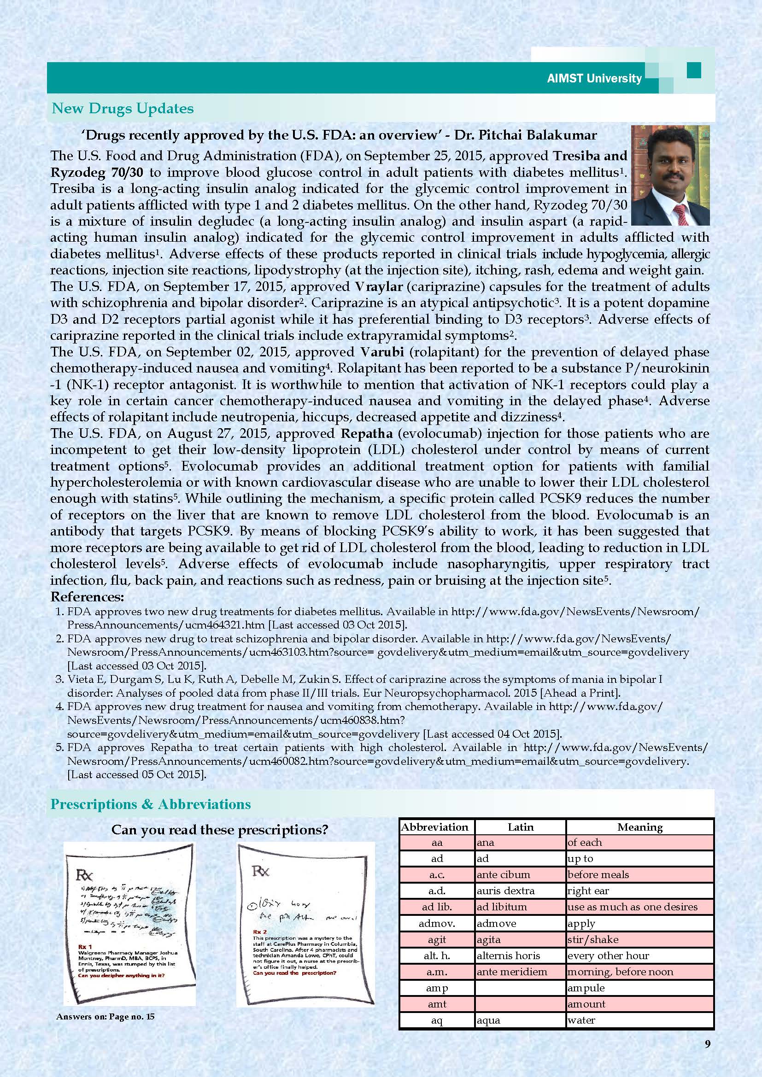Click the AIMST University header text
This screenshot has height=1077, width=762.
pos(594,78)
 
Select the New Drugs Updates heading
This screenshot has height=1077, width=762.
pos(123,108)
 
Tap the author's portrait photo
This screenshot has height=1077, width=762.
pos(670,175)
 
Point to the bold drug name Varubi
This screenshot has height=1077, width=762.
pos(379,352)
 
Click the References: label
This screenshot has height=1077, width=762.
pos(87,597)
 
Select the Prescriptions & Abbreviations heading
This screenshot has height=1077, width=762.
pos(151,804)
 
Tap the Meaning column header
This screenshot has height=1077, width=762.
pos(640,827)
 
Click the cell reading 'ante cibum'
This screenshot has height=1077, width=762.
pos(504,874)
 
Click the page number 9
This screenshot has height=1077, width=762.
pos(708,1040)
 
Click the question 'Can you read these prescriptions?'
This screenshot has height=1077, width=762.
pos(220,830)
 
